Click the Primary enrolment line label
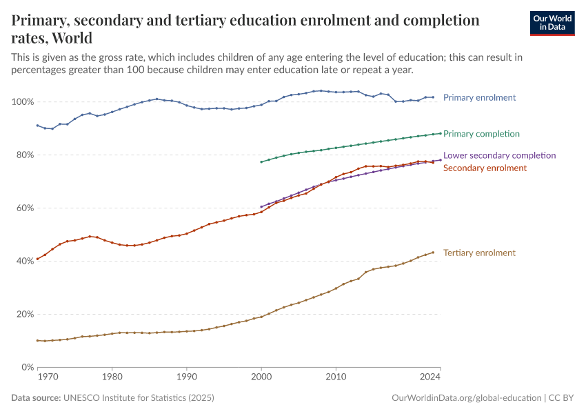(x=479, y=98)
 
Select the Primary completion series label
(x=481, y=134)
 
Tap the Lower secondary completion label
(x=499, y=156)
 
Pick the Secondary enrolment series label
(x=485, y=168)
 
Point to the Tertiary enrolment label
(x=479, y=253)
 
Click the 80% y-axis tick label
(x=23, y=155)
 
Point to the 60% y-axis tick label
(x=23, y=208)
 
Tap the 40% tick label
(x=23, y=262)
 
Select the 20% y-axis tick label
(x=23, y=315)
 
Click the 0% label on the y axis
(x=26, y=368)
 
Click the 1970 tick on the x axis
(x=47, y=377)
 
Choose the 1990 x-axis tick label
(x=186, y=377)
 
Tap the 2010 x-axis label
(x=336, y=377)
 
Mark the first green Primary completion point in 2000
(x=261, y=162)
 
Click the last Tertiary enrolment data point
(x=433, y=253)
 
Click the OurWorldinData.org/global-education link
(x=466, y=398)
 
